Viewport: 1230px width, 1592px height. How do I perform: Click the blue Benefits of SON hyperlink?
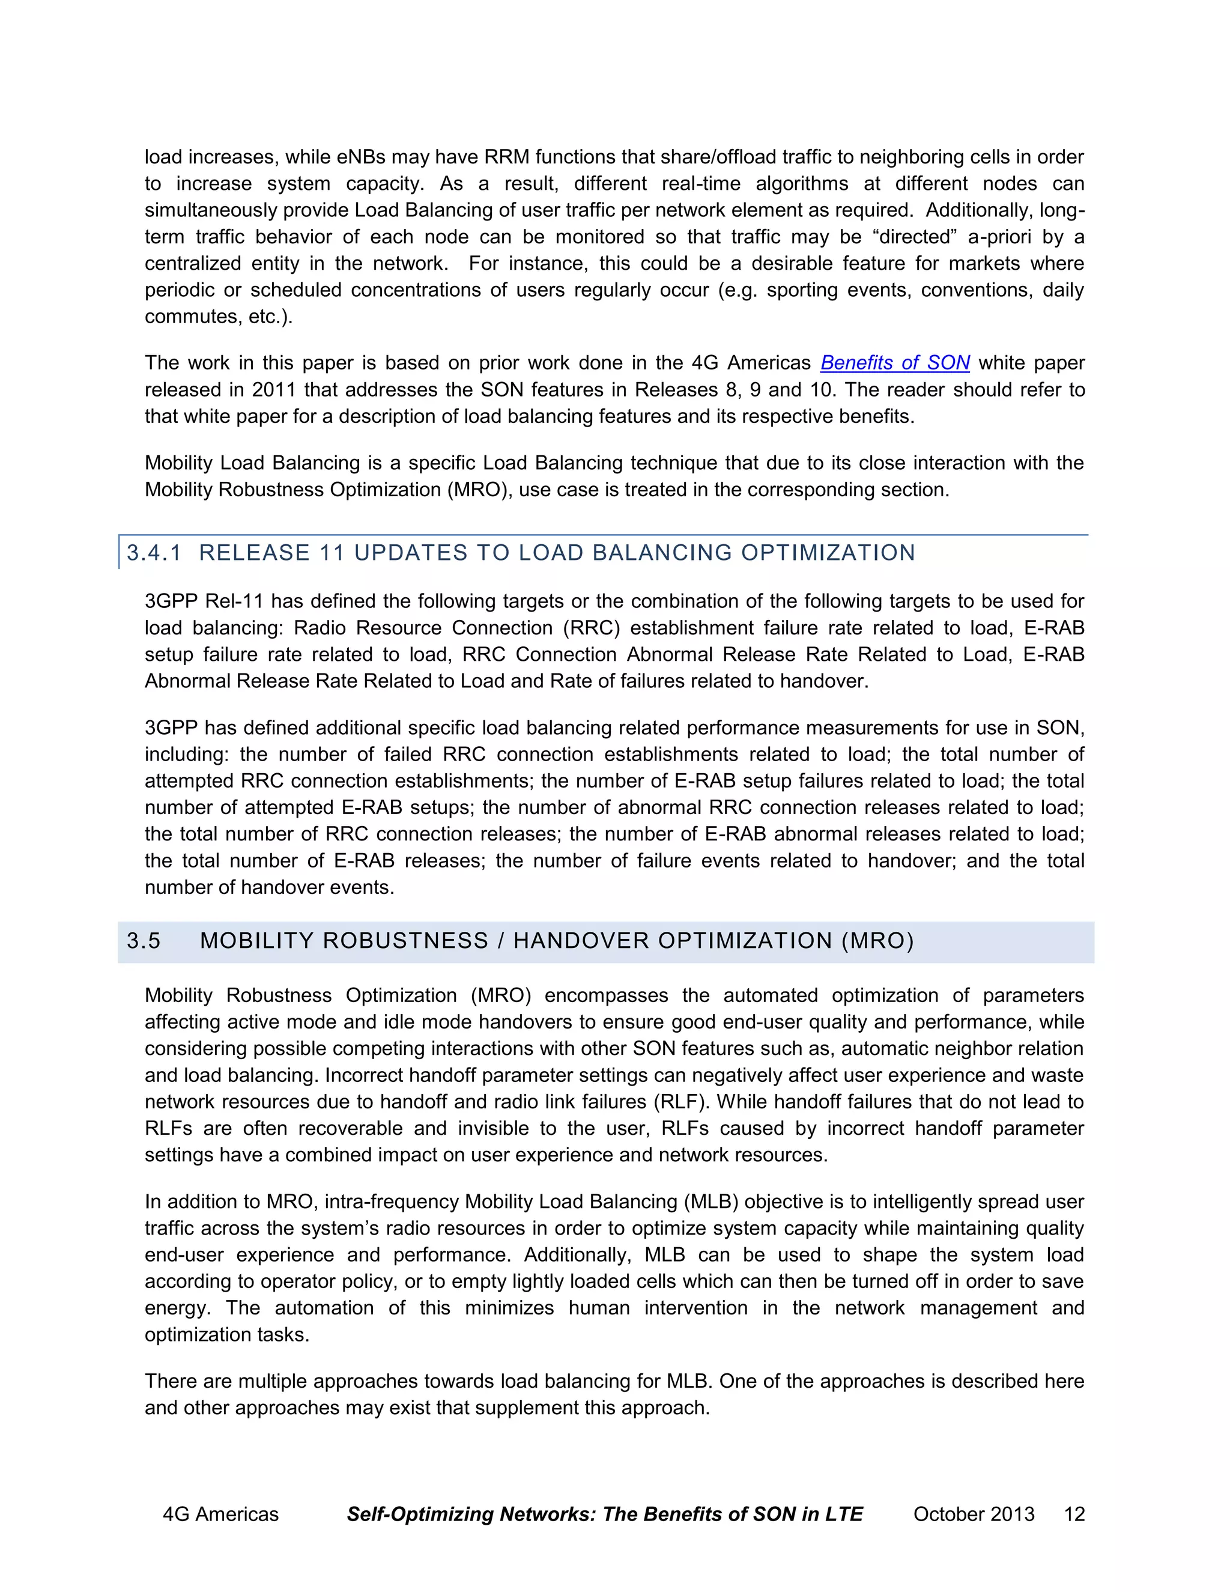tap(895, 363)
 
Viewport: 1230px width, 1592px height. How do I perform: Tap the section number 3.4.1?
tap(154, 553)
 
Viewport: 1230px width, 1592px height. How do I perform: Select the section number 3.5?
tap(144, 941)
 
